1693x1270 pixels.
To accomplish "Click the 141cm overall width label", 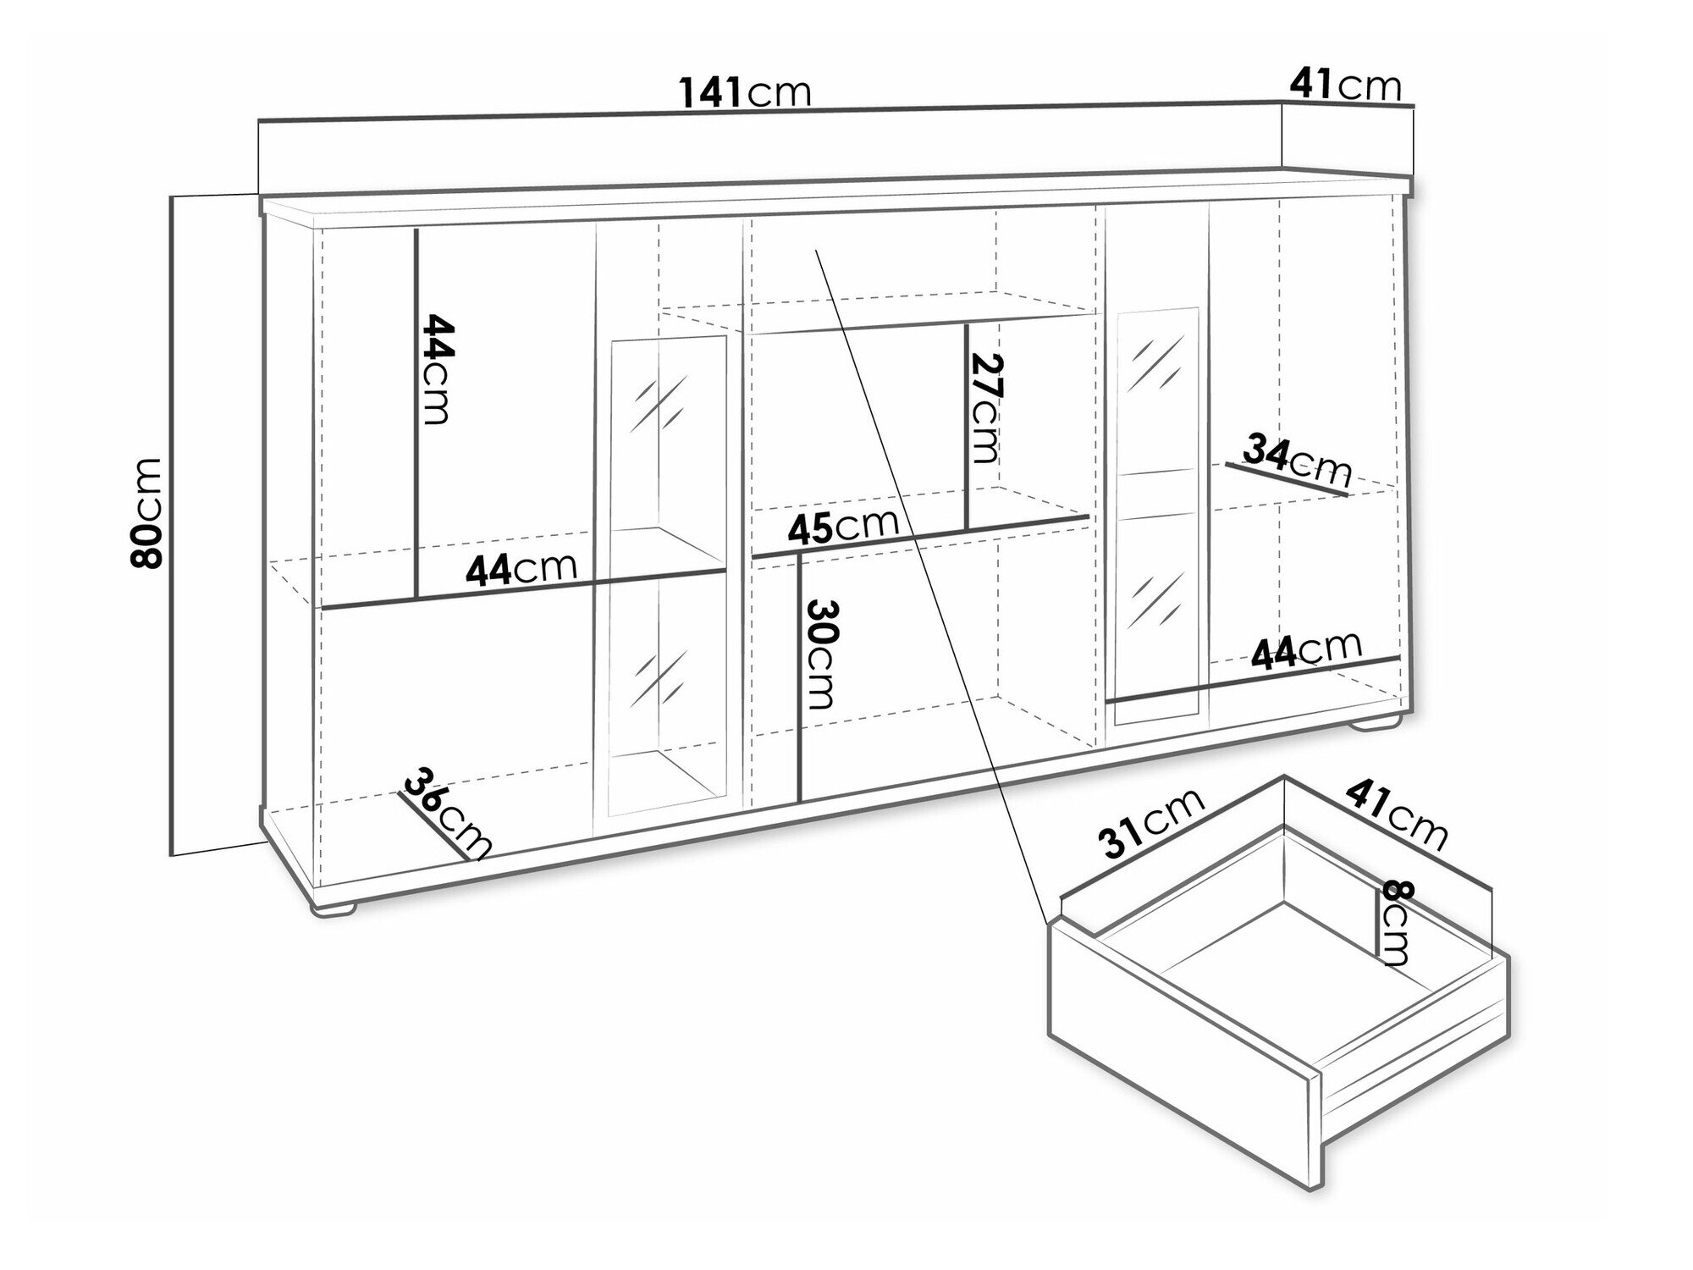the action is pos(745,91).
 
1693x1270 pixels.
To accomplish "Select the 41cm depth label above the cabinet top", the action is pos(1346,86).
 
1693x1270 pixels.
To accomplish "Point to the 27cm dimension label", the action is pos(985,408).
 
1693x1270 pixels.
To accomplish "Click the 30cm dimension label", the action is pos(820,654).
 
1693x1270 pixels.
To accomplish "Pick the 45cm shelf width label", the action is pos(843,526).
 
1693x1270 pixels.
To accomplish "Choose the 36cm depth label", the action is pos(447,812).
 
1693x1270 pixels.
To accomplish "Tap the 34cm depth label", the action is pos(1297,461).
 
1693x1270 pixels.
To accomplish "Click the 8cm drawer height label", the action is pos(1395,923).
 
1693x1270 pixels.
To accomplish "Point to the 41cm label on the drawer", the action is pos(1397,814).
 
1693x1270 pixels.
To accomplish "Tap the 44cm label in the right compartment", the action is pos(1307,651).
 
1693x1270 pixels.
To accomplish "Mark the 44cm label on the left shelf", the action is pos(521,569).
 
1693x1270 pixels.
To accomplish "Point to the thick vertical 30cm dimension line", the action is pos(800,677).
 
